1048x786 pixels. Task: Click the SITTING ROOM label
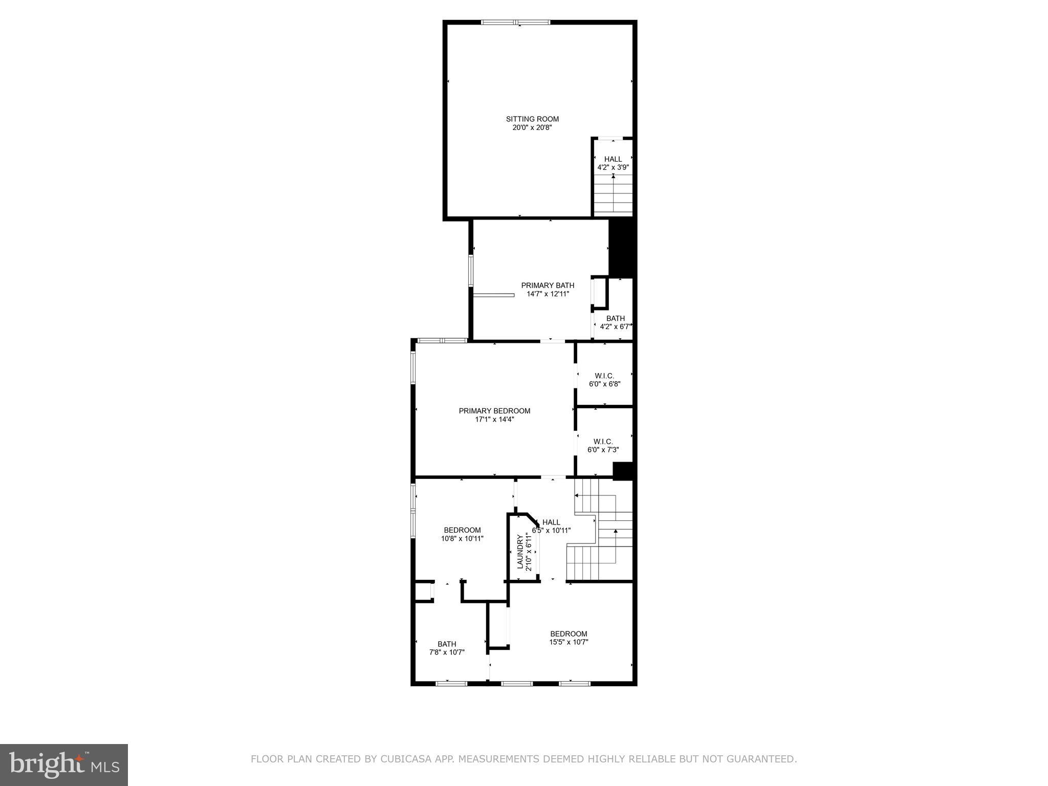[x=532, y=119]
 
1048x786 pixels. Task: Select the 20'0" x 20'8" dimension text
[x=532, y=128]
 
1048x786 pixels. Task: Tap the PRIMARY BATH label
[x=548, y=286]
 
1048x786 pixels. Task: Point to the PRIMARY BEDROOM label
[x=494, y=411]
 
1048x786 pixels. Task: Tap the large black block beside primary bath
[x=621, y=248]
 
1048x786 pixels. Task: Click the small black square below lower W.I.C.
[x=623, y=471]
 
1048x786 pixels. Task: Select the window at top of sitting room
[x=516, y=23]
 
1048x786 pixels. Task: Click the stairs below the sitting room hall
[x=613, y=197]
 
